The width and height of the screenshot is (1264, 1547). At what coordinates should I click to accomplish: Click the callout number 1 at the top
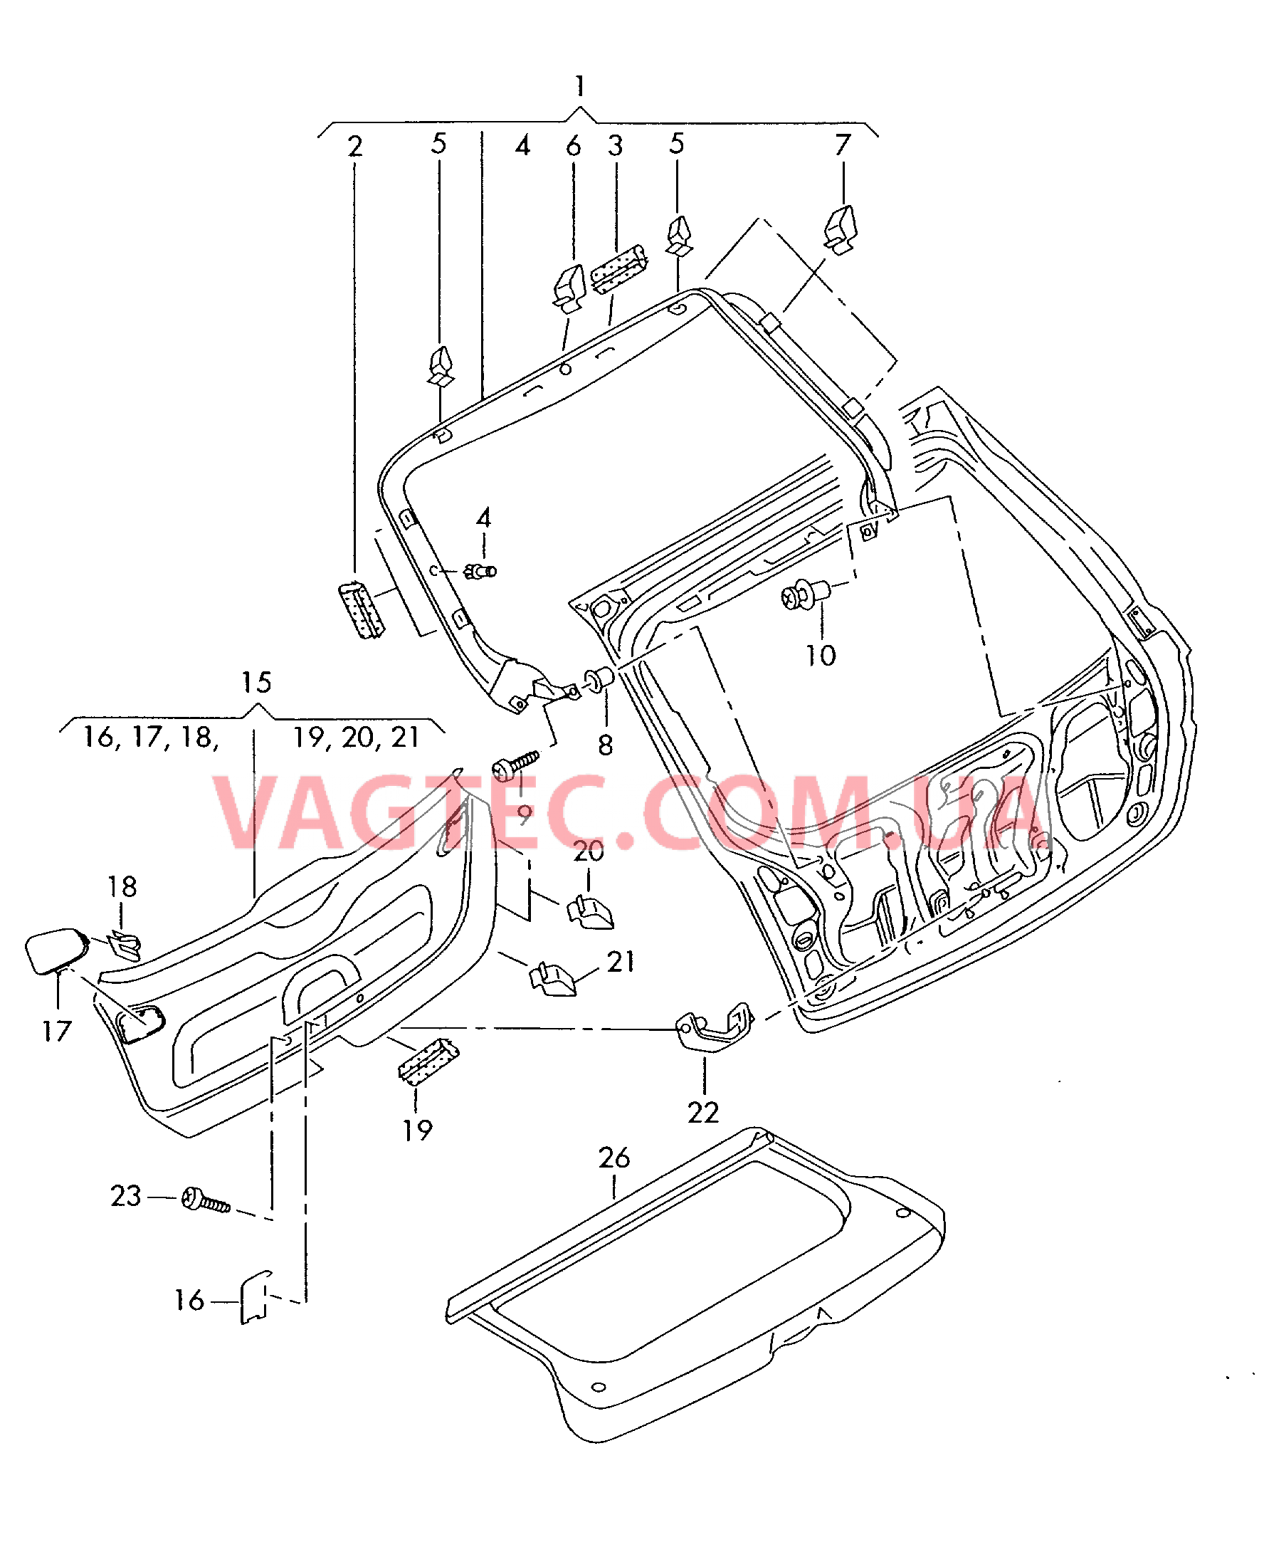(x=579, y=87)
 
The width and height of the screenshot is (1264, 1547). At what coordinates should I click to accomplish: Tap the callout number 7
(x=843, y=145)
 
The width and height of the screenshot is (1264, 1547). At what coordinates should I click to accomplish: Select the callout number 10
(x=821, y=656)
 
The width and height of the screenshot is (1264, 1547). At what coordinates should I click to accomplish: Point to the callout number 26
(x=613, y=1158)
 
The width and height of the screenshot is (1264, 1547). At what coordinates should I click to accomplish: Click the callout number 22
(x=703, y=1113)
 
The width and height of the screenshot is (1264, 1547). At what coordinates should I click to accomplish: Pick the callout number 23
(x=125, y=1196)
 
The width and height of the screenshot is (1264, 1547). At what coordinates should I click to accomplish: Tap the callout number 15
(x=256, y=683)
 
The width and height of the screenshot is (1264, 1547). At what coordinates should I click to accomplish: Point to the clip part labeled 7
(x=841, y=229)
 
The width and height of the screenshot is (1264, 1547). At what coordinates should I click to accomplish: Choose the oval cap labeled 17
(x=56, y=950)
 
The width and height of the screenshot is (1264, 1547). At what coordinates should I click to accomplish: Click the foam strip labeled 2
(x=360, y=609)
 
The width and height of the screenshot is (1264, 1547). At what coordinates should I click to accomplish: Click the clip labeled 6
(x=569, y=288)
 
